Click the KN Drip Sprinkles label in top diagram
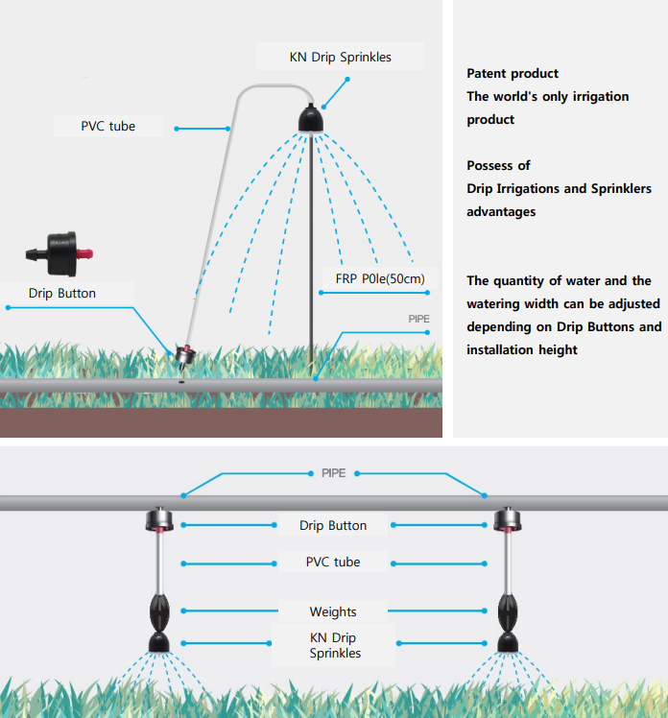coord(340,58)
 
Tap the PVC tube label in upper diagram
coord(107,126)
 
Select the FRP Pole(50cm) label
coord(380,279)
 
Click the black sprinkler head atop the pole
coord(311,120)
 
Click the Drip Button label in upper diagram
coord(62,293)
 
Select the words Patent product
coord(513,74)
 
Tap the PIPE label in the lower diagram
coord(333,474)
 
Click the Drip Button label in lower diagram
coord(333,525)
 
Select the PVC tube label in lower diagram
coord(333,562)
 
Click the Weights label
coord(333,611)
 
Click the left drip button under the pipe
coord(157,522)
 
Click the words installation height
coord(522,350)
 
